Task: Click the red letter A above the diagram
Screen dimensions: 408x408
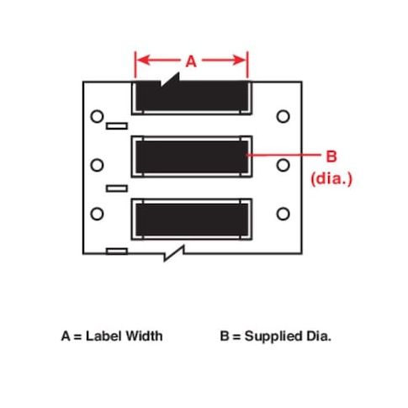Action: click(191, 61)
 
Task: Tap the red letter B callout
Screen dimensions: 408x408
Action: click(331, 156)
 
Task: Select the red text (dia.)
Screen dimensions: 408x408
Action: click(331, 178)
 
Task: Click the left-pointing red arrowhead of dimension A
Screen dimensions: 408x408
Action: click(143, 60)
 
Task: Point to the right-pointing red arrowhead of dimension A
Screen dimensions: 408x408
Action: click(240, 60)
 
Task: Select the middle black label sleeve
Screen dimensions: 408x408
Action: click(192, 156)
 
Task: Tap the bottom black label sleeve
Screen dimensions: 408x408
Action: click(192, 220)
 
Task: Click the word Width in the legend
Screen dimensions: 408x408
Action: click(144, 336)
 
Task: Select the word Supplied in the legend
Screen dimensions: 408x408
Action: click(273, 336)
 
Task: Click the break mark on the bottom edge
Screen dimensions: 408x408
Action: click(174, 253)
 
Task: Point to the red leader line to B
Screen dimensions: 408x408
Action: click(283, 155)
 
